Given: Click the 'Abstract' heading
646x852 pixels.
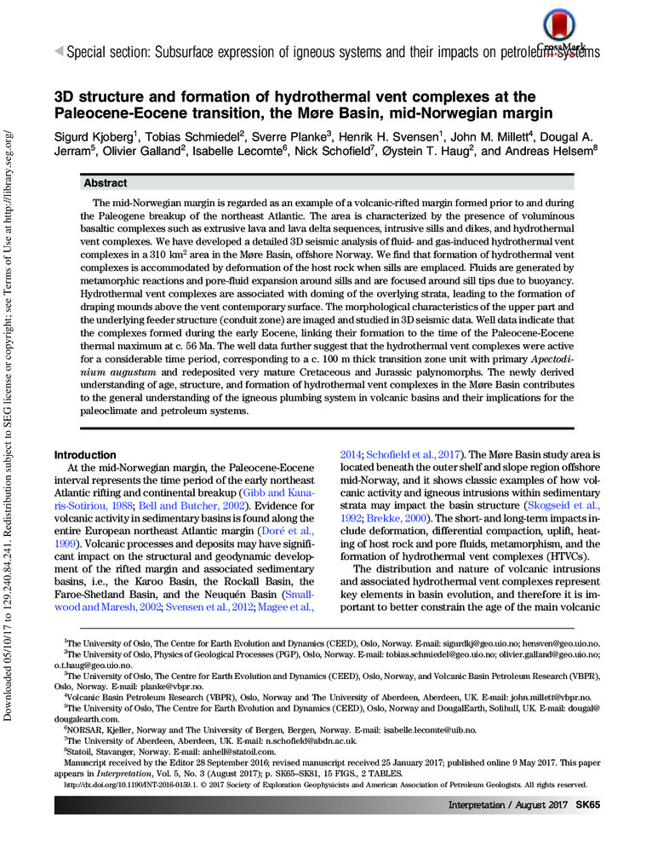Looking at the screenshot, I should tap(105, 183).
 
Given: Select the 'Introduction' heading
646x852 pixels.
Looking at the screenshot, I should tap(85, 455).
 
